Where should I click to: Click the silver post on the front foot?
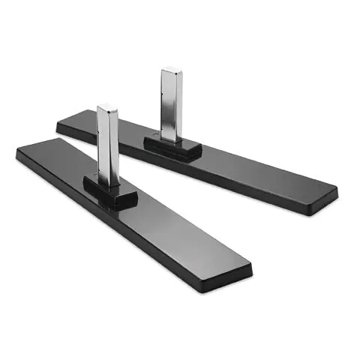[108, 146]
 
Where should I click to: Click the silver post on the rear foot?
[172, 105]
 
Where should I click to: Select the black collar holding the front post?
[110, 193]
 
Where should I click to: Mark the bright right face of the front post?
[113, 146]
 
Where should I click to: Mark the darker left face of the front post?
[103, 146]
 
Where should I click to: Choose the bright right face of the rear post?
[177, 105]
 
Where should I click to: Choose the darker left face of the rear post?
[166, 105]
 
